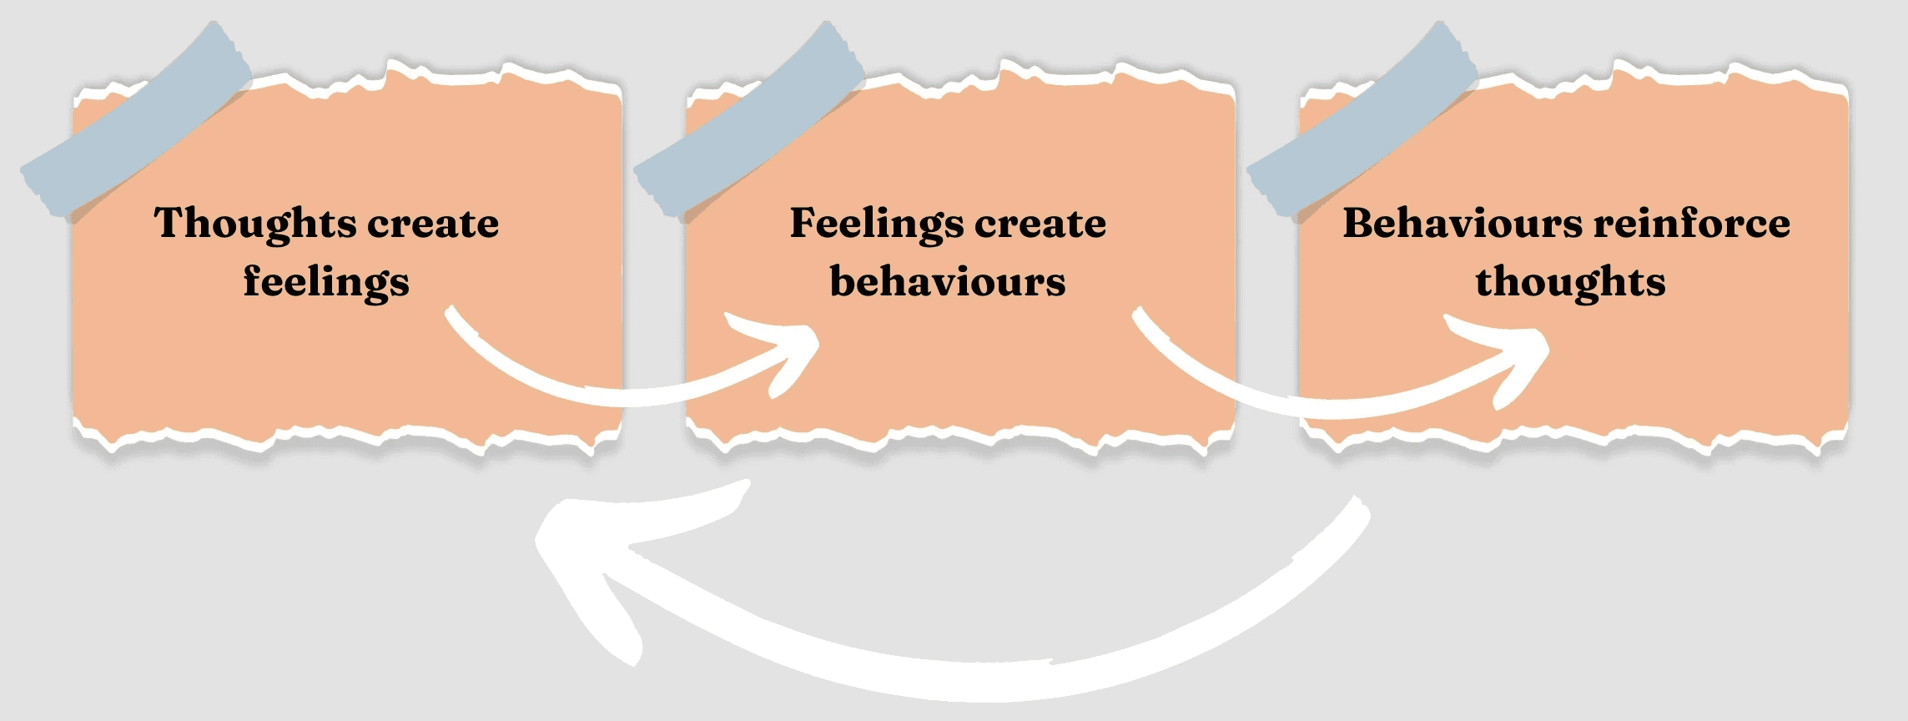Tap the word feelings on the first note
(326, 282)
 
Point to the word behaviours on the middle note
(948, 282)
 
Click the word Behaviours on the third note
(1462, 224)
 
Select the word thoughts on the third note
(1570, 282)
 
